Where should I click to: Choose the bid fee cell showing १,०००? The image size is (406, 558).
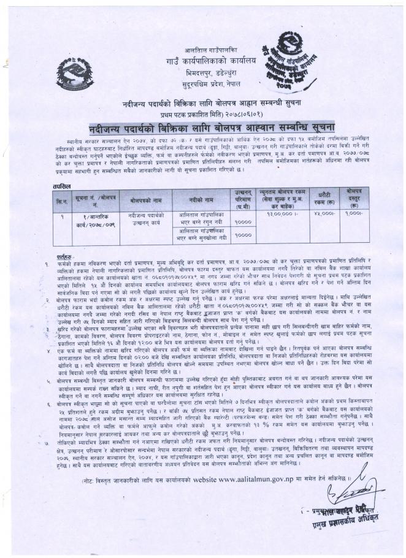tap(354, 215)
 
